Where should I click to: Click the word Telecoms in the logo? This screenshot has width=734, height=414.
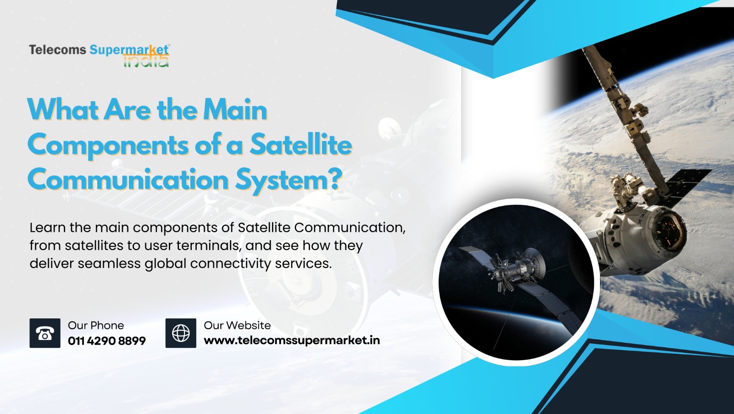[x=58, y=50]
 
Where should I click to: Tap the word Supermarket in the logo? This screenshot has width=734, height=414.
[x=129, y=51]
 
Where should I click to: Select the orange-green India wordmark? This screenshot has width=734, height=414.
[x=146, y=61]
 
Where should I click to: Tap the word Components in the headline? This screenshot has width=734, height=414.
[x=108, y=147]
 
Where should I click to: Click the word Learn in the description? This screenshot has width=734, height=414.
[x=48, y=227]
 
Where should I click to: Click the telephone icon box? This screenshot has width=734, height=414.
[x=45, y=333]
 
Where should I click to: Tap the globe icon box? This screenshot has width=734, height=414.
[x=181, y=333]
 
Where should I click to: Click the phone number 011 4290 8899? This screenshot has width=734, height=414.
[x=107, y=341]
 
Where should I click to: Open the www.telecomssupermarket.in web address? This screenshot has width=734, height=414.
[x=292, y=340]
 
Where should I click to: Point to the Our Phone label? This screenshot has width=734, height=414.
[x=96, y=325]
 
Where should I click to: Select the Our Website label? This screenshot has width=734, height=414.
[x=237, y=325]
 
